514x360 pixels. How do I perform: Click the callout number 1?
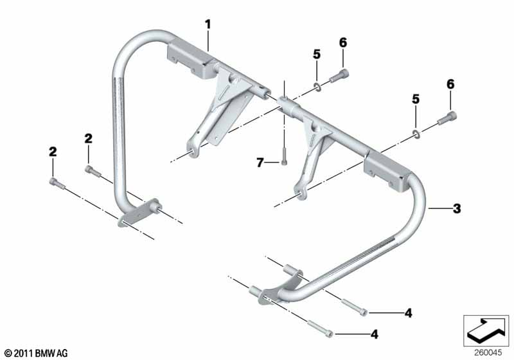tap(208, 24)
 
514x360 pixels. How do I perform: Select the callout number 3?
tap(457, 208)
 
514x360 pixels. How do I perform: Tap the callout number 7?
tap(260, 162)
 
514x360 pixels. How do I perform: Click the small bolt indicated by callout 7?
tap(284, 156)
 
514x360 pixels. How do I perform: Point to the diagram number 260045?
tap(488, 353)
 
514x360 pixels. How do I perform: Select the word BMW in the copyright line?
tap(45, 353)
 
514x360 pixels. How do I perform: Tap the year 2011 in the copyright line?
tap(24, 353)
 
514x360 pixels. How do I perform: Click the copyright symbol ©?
tap(9, 354)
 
